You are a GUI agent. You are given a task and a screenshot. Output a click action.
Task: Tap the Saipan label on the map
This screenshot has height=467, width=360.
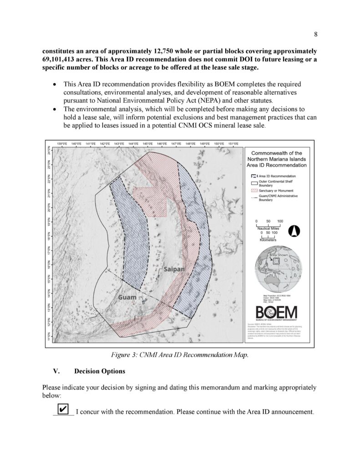click(172, 269)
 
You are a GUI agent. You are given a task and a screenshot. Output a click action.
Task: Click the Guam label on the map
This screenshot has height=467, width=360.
click(127, 297)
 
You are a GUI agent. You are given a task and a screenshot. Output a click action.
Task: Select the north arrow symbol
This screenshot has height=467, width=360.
click(294, 231)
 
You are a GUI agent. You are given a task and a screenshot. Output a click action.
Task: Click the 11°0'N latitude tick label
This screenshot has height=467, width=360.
click(50, 337)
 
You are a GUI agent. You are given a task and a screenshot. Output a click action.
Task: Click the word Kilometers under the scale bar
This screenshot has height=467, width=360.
click(268, 239)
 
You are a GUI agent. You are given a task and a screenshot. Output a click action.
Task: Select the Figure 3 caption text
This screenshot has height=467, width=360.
click(180, 354)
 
